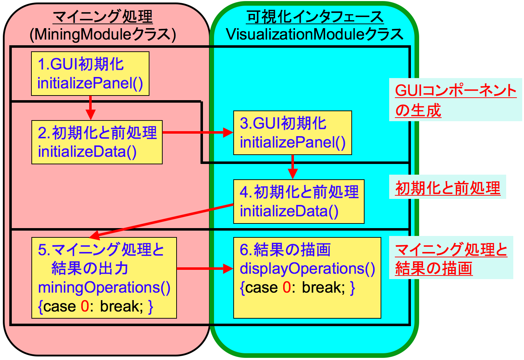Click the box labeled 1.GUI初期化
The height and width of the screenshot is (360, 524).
coord(90,73)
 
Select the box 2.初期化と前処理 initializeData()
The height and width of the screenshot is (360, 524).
coord(97,142)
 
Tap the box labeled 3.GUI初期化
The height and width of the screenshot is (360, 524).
coord(292,133)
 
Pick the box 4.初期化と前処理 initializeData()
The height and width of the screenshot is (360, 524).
coord(299,201)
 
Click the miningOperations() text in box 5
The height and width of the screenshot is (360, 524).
coord(104,287)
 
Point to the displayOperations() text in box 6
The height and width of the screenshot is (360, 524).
coord(307,268)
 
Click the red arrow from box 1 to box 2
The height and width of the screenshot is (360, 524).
coord(91,107)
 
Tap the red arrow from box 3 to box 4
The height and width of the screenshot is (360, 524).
coord(292,166)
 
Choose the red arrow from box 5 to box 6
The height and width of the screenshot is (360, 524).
coord(205,268)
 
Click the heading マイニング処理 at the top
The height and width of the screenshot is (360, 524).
coord(103,16)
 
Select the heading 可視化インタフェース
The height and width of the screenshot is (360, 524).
coord(315,16)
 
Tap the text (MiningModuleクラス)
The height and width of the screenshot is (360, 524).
coord(103,35)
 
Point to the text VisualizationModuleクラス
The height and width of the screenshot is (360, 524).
coord(315,35)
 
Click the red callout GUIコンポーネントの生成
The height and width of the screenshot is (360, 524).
coord(455,100)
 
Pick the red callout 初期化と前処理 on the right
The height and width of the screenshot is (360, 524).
coord(448,188)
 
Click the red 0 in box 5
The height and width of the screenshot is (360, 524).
coord(85,306)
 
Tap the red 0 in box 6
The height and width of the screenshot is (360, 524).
coord(286,287)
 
